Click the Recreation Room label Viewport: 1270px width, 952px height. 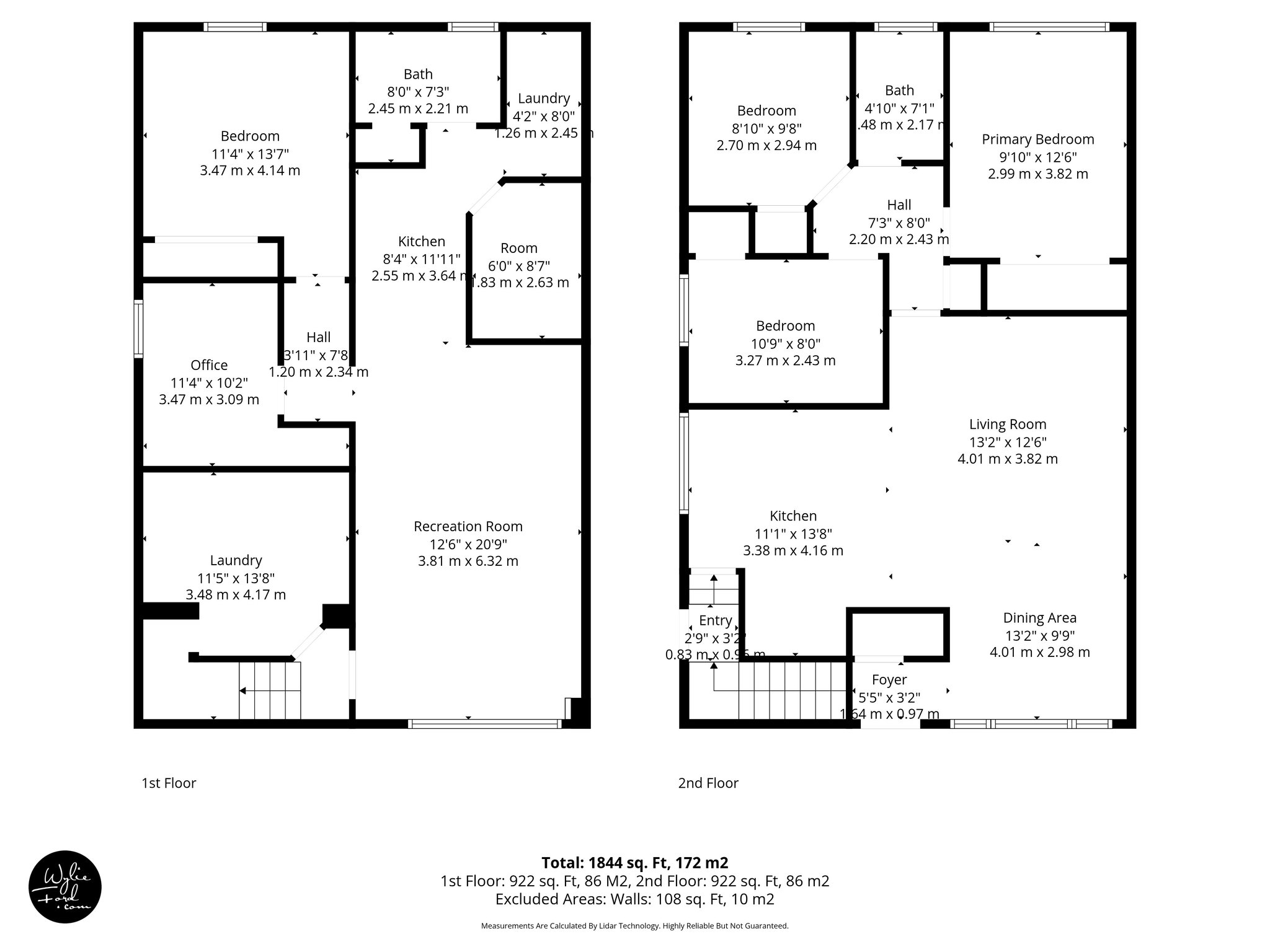(x=468, y=526)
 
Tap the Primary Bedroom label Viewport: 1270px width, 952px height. (x=1037, y=139)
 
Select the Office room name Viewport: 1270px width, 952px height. (x=209, y=365)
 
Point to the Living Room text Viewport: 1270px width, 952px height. (x=1008, y=425)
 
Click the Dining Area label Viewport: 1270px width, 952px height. (x=1039, y=618)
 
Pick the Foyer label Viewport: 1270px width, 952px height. (x=889, y=680)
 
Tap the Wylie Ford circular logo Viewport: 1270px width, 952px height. (x=65, y=887)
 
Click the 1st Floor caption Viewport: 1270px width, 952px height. (x=169, y=783)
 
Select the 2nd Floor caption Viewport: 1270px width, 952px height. (x=708, y=783)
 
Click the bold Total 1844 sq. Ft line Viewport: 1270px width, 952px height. (x=634, y=863)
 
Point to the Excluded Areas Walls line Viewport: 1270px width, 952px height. (x=634, y=899)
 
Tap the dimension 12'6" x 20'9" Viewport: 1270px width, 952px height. (x=468, y=544)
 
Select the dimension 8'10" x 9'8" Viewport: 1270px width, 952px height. (x=766, y=128)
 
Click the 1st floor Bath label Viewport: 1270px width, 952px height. (x=418, y=74)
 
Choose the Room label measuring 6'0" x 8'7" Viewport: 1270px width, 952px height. (x=519, y=249)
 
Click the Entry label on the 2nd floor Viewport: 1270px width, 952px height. (x=715, y=620)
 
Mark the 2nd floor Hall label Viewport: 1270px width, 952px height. (x=899, y=205)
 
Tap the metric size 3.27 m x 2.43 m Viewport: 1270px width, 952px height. (x=785, y=361)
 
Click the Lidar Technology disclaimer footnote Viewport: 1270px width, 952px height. (x=634, y=926)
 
